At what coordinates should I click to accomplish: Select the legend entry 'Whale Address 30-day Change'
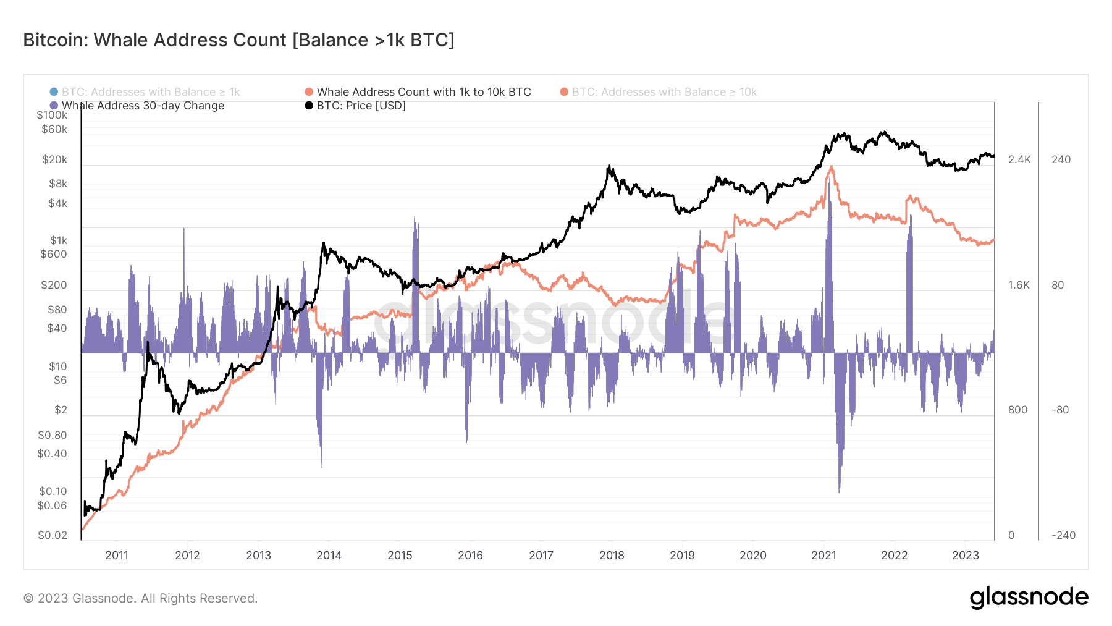click(x=142, y=106)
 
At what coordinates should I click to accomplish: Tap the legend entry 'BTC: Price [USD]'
click(x=361, y=106)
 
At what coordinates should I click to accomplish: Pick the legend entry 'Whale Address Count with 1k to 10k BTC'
click(x=423, y=92)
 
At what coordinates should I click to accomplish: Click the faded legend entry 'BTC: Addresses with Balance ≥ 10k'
click(x=663, y=92)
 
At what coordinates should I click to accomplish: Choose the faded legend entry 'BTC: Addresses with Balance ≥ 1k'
click(x=150, y=92)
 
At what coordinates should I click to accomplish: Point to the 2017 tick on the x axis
click(x=541, y=555)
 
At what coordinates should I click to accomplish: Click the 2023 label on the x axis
click(x=965, y=555)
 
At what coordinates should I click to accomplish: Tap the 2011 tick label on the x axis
click(x=117, y=555)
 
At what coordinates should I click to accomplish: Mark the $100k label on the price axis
click(x=52, y=115)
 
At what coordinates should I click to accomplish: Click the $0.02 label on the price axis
click(x=53, y=535)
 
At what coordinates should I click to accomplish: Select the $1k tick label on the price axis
click(x=59, y=240)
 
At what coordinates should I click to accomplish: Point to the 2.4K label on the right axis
click(x=1019, y=159)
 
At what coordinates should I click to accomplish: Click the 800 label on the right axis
click(x=1017, y=410)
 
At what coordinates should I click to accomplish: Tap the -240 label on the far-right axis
click(x=1063, y=535)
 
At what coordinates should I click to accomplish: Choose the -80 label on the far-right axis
click(x=1060, y=410)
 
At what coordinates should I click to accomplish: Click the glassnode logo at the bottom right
click(x=1029, y=598)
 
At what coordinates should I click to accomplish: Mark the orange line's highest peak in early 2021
click(x=832, y=167)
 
